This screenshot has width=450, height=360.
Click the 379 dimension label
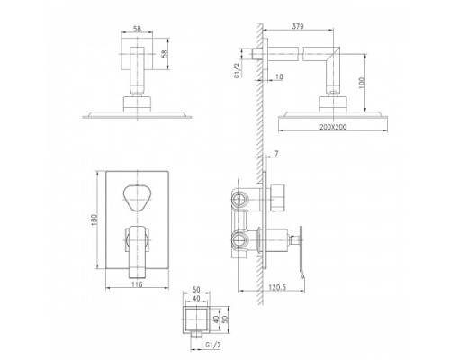(298, 26)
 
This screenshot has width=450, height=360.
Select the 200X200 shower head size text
(333, 127)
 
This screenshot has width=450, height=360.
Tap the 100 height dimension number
(362, 83)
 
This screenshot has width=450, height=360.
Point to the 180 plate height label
(94, 220)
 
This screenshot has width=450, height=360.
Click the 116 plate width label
(137, 283)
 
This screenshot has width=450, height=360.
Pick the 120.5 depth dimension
(277, 287)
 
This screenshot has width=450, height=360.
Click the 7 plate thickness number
(276, 154)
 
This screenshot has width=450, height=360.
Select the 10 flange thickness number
(279, 77)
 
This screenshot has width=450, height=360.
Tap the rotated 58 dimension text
(165, 54)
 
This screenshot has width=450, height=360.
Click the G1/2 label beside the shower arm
(238, 71)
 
